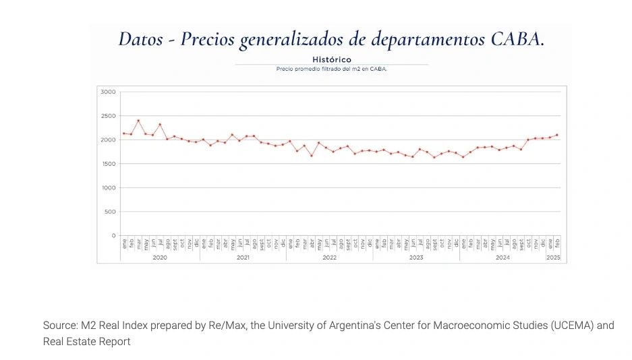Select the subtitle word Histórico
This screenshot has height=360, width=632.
pyautogui.click(x=332, y=59)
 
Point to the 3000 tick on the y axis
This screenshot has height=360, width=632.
pyautogui.click(x=108, y=92)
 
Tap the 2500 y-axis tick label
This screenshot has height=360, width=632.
pyautogui.click(x=108, y=116)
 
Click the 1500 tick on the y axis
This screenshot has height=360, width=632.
pyautogui.click(x=108, y=164)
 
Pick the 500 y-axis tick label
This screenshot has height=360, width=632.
pyautogui.click(x=109, y=212)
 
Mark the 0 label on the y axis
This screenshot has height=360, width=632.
pyautogui.click(x=114, y=235)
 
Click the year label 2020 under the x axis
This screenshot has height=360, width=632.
pyautogui.click(x=160, y=258)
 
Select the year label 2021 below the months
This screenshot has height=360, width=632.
pyautogui.click(x=243, y=258)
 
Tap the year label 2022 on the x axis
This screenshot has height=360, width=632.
pyautogui.click(x=330, y=258)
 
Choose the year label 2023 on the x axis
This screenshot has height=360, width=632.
pyautogui.click(x=416, y=258)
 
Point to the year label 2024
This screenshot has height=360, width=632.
pyautogui.click(x=502, y=258)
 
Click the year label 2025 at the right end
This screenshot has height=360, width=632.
pyautogui.click(x=553, y=258)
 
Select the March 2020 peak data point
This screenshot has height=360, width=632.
pyautogui.click(x=138, y=121)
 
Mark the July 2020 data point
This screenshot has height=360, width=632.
pyautogui.click(x=160, y=125)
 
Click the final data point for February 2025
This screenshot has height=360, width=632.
pyautogui.click(x=556, y=135)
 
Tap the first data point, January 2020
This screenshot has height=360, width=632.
pyautogui.click(x=123, y=133)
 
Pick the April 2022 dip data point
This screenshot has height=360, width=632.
pyautogui.click(x=312, y=156)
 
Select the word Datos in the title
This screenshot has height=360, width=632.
pyautogui.click(x=140, y=38)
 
